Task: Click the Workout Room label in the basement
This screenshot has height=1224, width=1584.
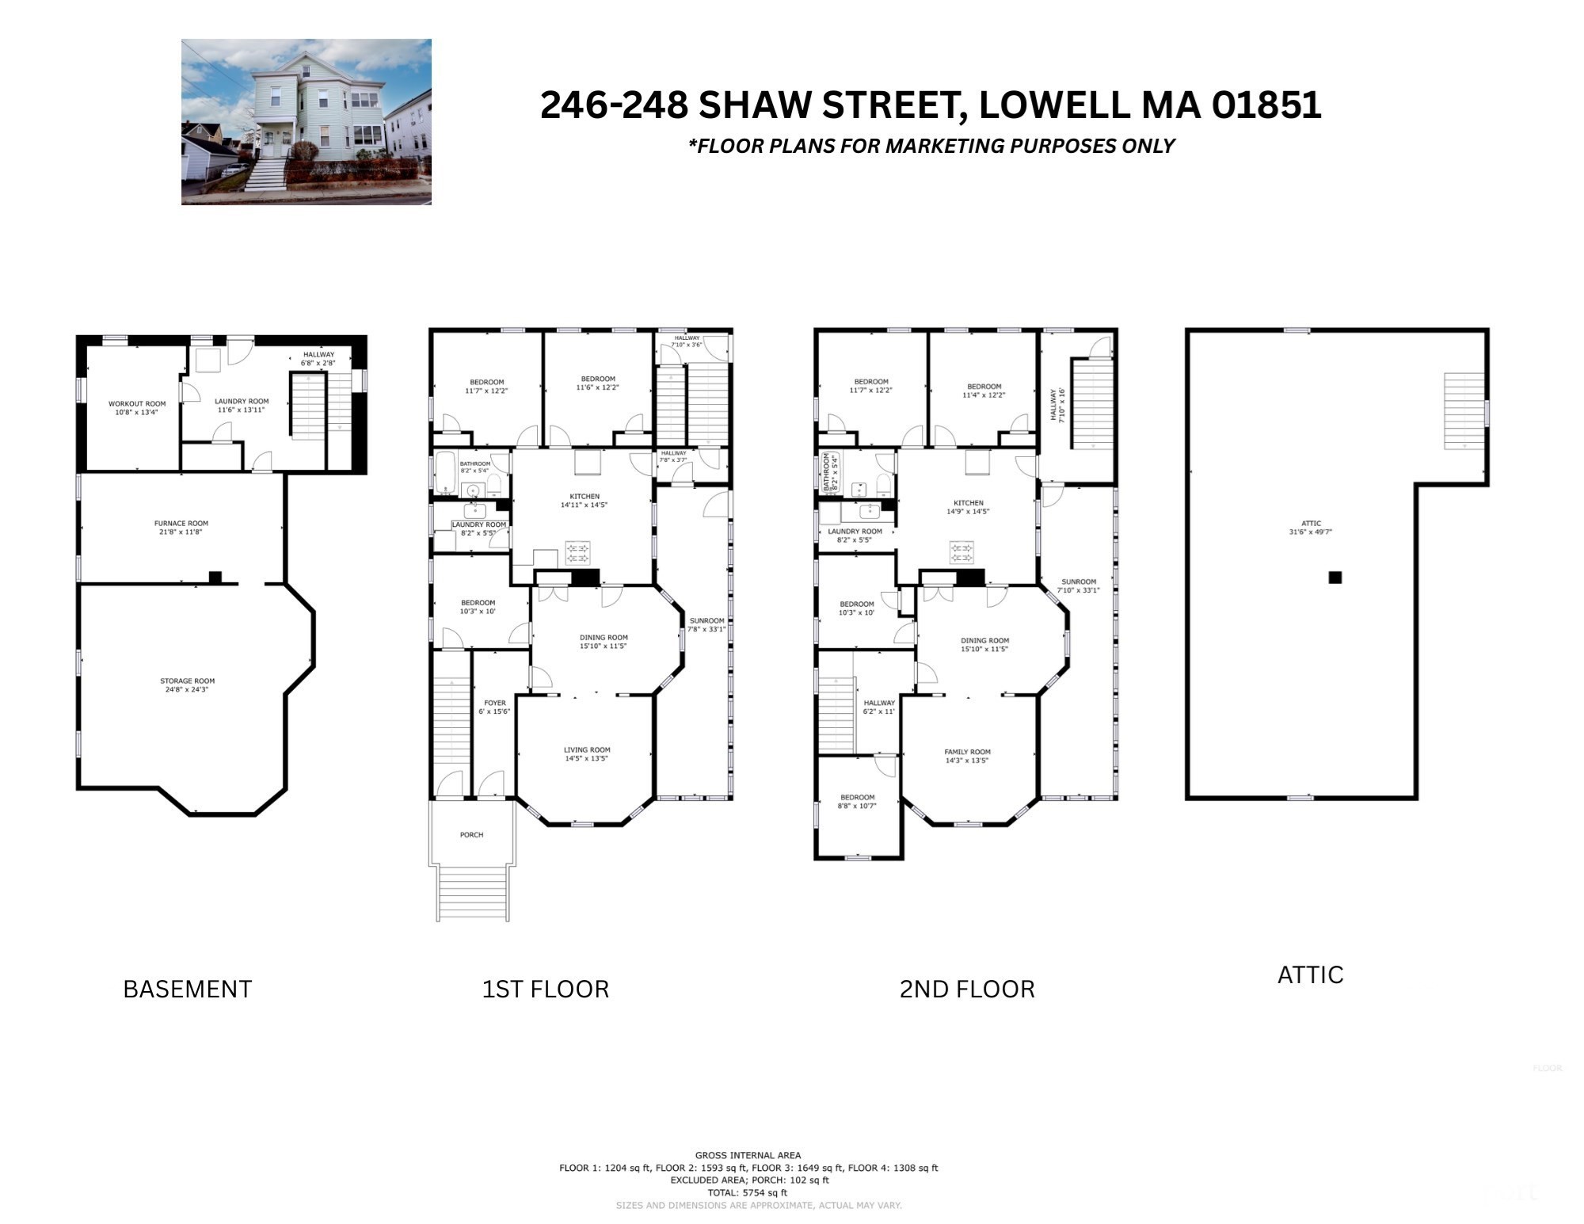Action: [137, 404]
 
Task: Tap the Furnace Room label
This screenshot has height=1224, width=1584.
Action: [181, 524]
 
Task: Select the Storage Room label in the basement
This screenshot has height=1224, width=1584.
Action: [187, 681]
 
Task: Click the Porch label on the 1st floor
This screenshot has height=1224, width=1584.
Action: [471, 835]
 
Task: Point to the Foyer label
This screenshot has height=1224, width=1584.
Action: [495, 704]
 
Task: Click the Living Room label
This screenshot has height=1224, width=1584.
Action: [587, 750]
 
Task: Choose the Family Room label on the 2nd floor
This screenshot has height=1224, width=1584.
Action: [967, 752]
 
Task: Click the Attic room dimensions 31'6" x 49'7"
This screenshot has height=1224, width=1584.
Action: [1311, 532]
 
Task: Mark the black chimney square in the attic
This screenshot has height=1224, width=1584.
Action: [1335, 578]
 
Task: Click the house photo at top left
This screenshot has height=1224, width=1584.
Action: [307, 122]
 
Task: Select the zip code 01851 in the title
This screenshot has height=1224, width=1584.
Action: [1266, 105]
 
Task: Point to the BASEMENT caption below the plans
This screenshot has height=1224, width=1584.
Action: [188, 989]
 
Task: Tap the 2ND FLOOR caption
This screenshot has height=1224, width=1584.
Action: [967, 989]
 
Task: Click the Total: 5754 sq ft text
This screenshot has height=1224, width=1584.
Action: [748, 1192]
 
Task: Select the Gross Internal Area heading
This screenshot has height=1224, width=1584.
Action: [748, 1155]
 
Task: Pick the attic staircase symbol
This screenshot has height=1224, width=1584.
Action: [1464, 411]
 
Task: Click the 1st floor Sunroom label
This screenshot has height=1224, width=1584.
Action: [707, 621]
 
